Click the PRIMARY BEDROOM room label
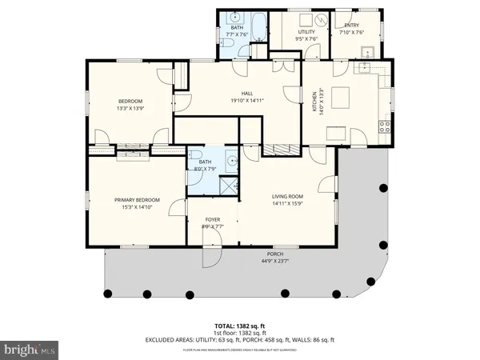click(136, 199)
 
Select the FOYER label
click(212, 219)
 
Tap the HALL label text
click(247, 93)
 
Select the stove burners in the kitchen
click(384, 126)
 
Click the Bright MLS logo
click(30, 349)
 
